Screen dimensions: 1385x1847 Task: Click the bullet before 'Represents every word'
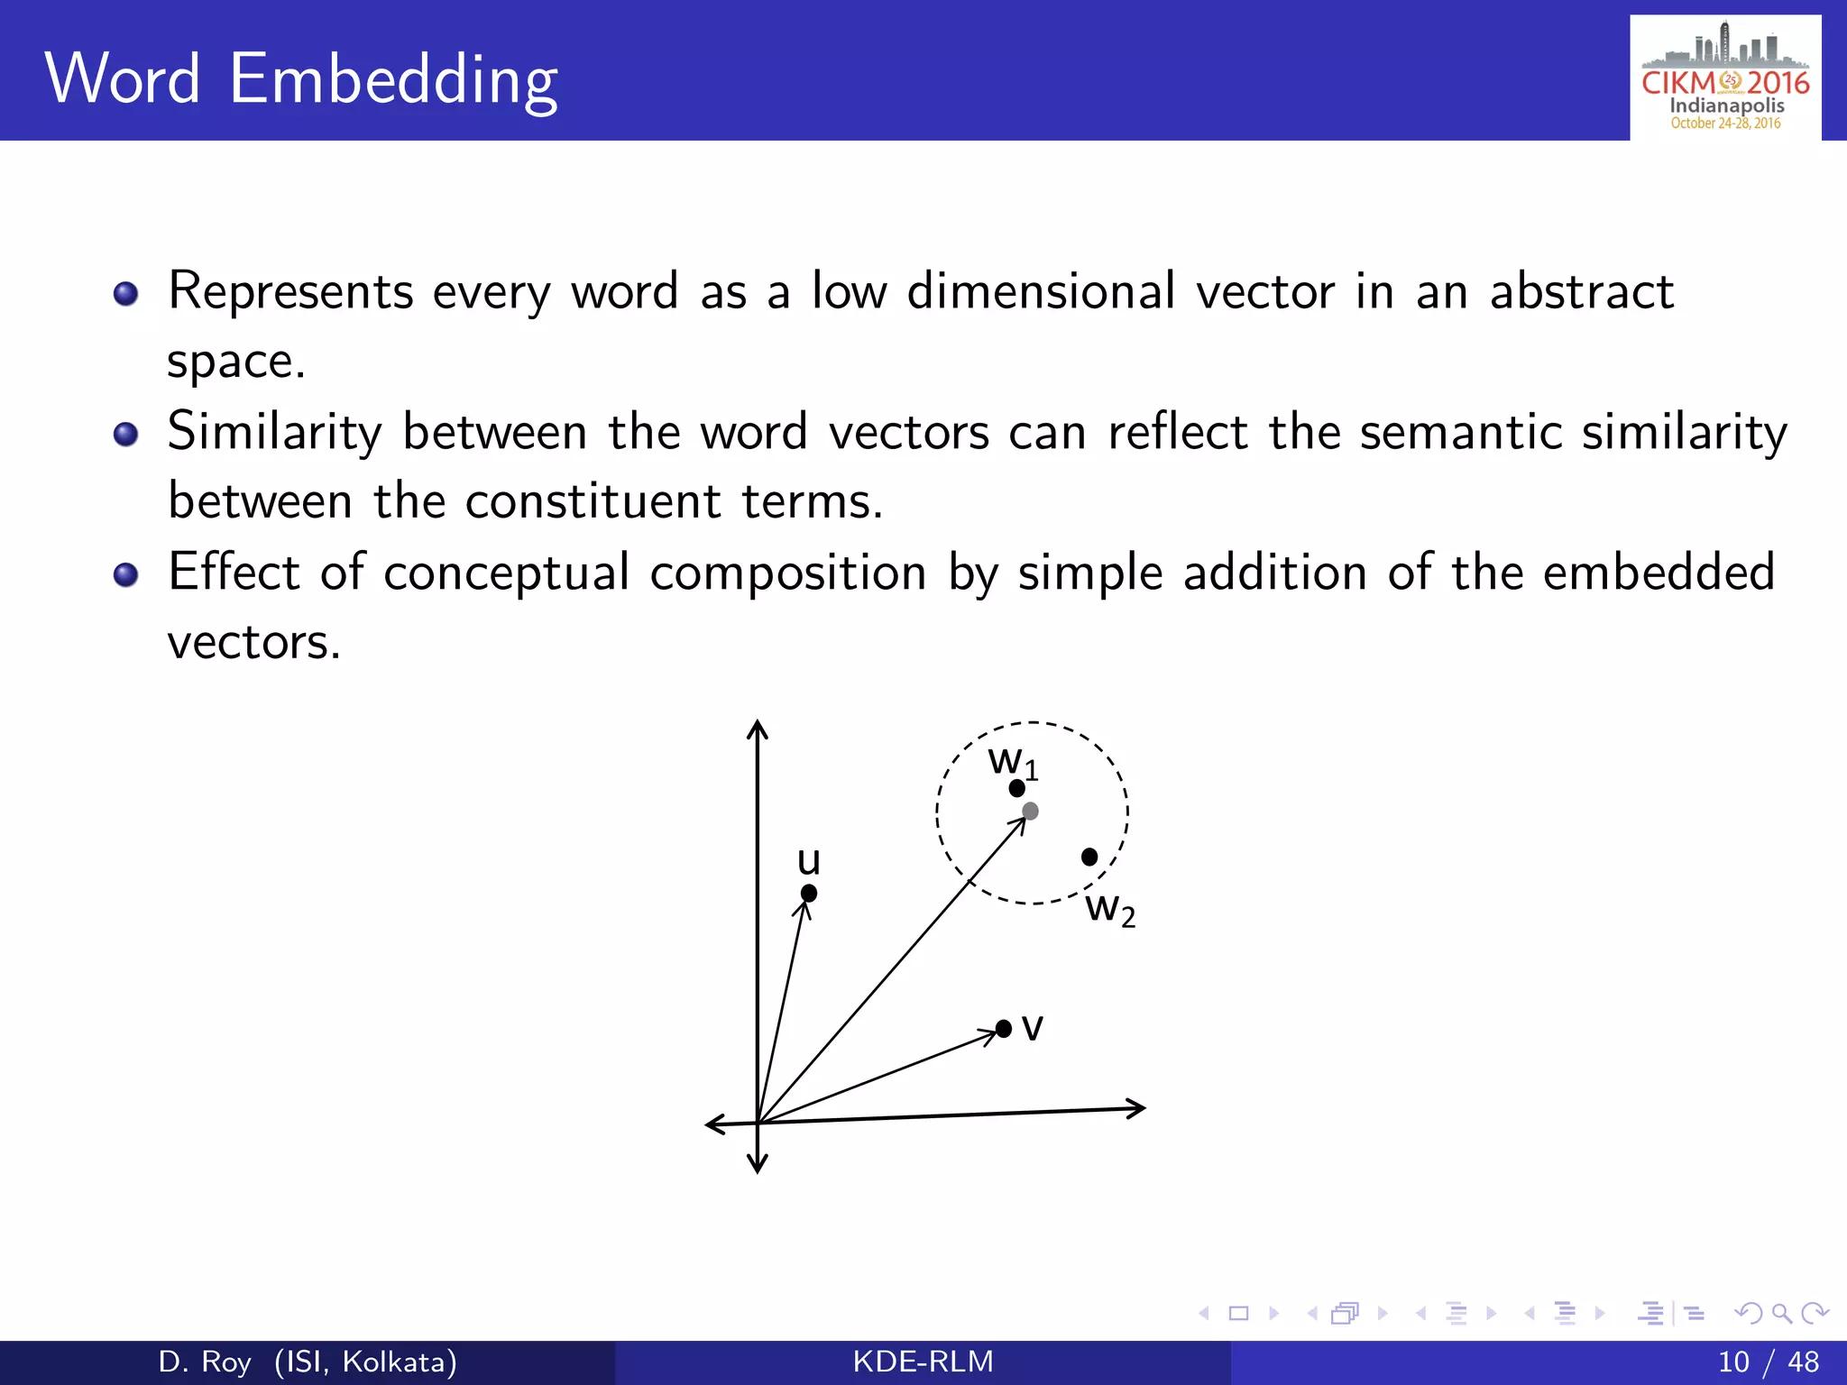click(x=126, y=294)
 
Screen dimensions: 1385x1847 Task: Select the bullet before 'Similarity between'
click(x=126, y=435)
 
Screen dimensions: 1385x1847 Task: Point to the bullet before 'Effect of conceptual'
click(x=126, y=574)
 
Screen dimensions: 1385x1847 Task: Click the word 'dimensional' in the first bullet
click(x=1041, y=291)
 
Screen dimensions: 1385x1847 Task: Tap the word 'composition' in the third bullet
click(x=787, y=573)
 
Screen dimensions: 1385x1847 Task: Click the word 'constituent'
click(x=593, y=501)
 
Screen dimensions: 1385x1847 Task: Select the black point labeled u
click(x=809, y=893)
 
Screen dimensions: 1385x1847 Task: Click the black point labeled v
click(x=1004, y=1029)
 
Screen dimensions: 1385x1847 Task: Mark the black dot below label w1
click(x=1017, y=789)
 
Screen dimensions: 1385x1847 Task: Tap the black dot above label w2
click(x=1089, y=857)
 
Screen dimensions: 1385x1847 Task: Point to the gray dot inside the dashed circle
click(x=1031, y=812)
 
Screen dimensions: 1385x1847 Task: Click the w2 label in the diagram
click(x=1109, y=909)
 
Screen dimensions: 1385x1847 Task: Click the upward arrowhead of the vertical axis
click(x=758, y=729)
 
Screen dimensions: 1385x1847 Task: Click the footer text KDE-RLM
click(x=923, y=1362)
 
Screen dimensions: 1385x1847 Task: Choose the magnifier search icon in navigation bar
click(x=1781, y=1313)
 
